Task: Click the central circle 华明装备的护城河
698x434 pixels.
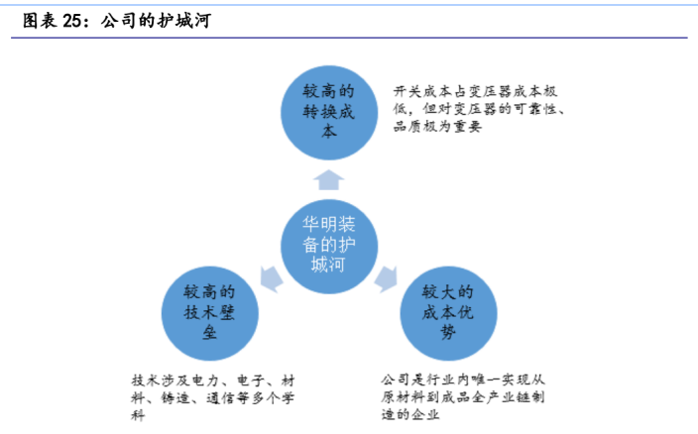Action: click(x=329, y=246)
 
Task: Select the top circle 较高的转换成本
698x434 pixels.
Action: click(x=329, y=113)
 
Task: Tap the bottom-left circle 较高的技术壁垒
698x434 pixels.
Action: click(x=209, y=313)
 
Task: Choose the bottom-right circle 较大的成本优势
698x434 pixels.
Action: click(x=448, y=313)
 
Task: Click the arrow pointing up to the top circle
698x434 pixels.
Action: click(x=328, y=180)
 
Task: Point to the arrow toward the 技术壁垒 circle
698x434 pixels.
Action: click(x=271, y=278)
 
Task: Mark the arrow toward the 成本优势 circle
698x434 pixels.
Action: click(x=386, y=278)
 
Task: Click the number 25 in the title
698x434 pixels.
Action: click(x=71, y=21)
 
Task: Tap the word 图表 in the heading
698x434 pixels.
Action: click(x=40, y=21)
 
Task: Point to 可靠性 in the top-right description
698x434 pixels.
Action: click(x=535, y=109)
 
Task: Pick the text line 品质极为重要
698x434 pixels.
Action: click(x=437, y=127)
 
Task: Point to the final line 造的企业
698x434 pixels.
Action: click(x=410, y=414)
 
